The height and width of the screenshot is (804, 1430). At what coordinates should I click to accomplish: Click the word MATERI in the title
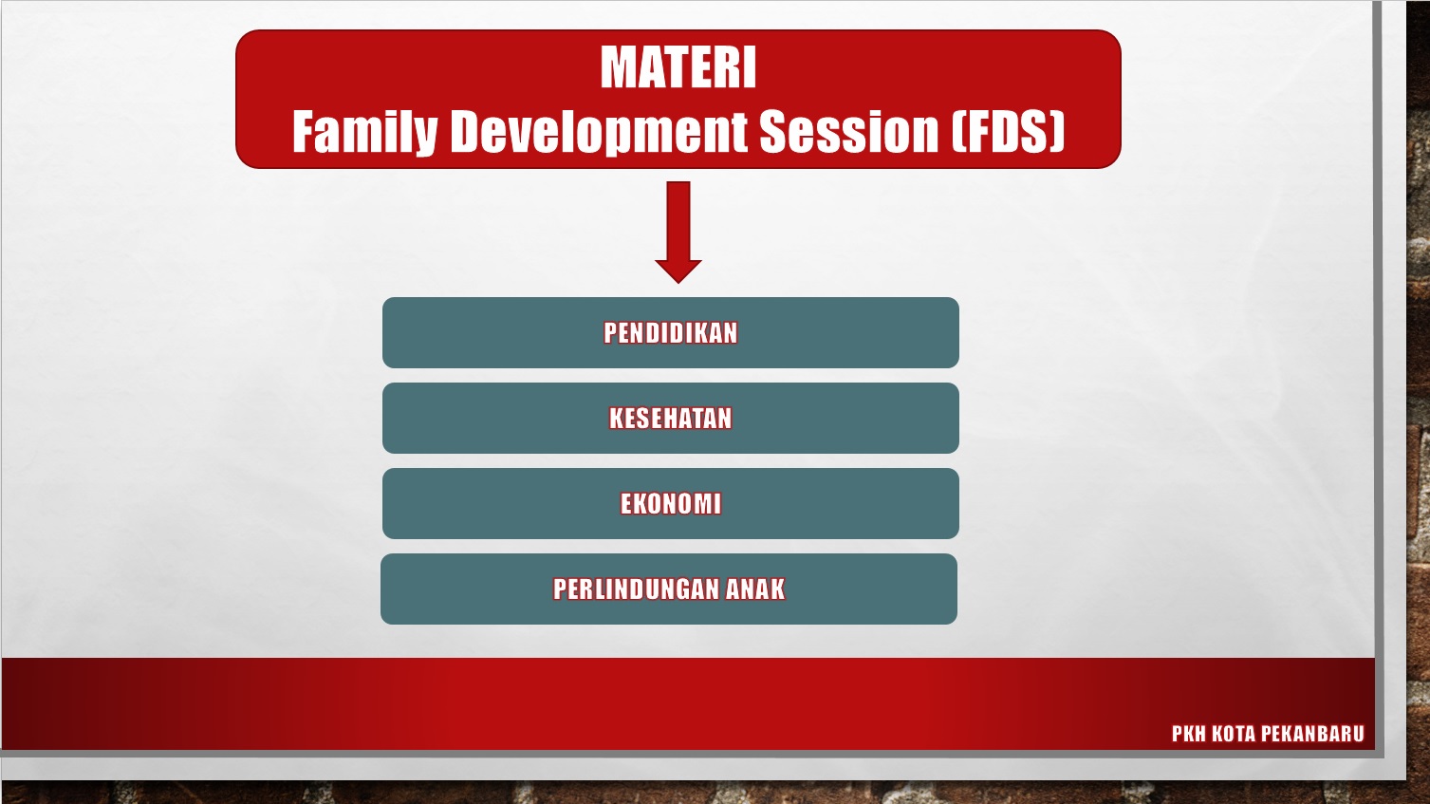point(678,68)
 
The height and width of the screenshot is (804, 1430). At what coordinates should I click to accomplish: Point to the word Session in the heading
point(848,131)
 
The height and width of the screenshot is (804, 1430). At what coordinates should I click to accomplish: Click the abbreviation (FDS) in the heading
point(1009,131)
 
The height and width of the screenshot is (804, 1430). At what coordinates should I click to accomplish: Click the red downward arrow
point(678,228)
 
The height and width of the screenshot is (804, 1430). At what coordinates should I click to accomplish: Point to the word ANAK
point(755,589)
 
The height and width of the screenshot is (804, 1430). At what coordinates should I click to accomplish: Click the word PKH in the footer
point(1188,734)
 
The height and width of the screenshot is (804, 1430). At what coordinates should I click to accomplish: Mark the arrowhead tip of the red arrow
point(678,280)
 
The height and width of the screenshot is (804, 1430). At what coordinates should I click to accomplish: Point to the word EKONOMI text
point(671,504)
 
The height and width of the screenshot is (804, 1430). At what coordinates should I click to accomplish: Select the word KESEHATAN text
point(671,419)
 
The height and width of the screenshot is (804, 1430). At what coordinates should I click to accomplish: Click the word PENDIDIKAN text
point(671,333)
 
